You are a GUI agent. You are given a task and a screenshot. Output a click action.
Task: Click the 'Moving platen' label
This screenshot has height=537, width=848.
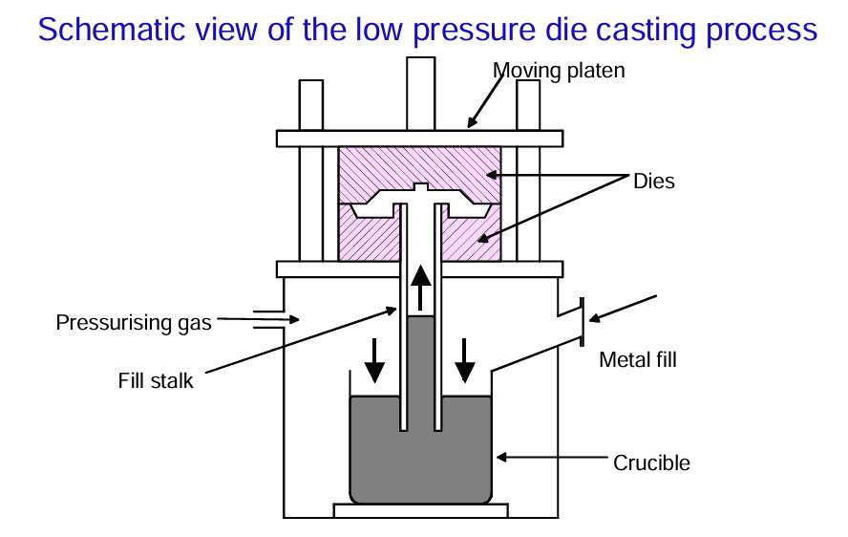tap(559, 70)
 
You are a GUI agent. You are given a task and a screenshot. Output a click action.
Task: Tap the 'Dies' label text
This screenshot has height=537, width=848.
tap(654, 181)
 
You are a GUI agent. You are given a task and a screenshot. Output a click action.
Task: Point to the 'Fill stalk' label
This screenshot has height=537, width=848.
tap(156, 381)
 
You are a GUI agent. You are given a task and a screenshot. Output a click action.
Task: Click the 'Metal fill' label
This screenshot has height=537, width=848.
tap(637, 360)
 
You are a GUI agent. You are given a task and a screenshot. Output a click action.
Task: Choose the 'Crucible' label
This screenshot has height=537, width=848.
tap(651, 463)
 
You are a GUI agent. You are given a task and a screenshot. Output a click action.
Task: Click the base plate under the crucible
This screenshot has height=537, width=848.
tap(421, 510)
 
